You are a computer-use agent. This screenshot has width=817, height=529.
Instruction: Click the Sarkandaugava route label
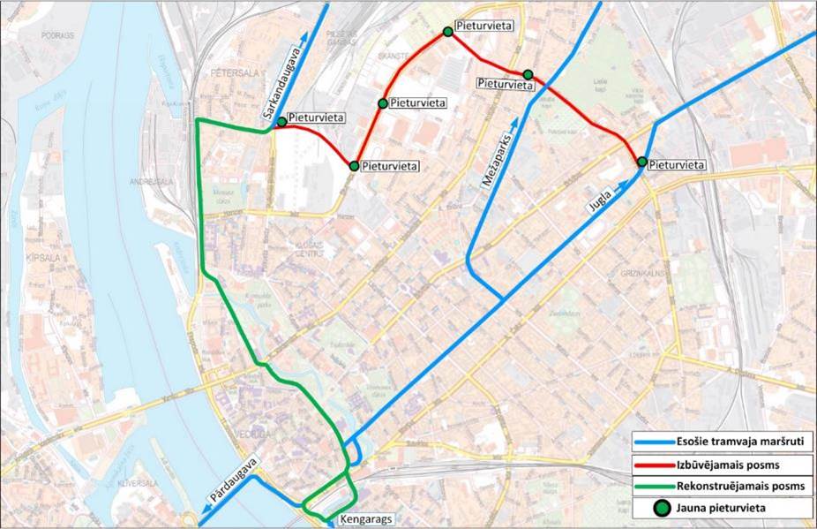(284, 85)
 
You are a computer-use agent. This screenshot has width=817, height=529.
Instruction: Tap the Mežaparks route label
(495, 159)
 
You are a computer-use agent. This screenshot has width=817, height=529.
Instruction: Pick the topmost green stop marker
(448, 32)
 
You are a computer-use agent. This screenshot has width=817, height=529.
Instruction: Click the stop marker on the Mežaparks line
(528, 75)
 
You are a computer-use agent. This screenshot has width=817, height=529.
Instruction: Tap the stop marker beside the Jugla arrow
(642, 162)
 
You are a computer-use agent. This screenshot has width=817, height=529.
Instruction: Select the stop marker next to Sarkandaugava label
(281, 122)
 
